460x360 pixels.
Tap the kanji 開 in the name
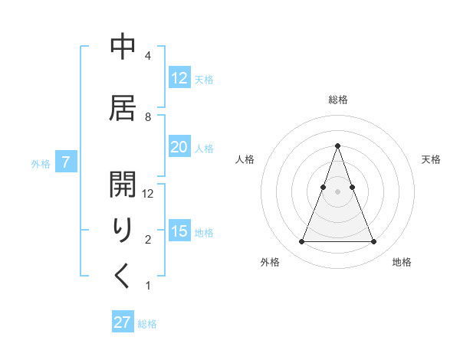point(123,182)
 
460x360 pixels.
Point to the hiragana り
point(123,230)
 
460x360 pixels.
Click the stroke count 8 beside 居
point(148,117)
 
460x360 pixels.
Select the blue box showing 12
point(179,78)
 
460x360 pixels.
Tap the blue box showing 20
point(179,147)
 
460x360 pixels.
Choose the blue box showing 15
point(179,231)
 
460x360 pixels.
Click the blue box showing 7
point(66,162)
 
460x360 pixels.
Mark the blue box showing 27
point(122,322)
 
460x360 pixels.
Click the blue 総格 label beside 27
point(147,324)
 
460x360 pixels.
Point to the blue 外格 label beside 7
point(41,163)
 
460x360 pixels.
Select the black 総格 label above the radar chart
point(337,100)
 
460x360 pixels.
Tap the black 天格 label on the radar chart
point(431,159)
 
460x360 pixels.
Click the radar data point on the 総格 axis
point(337,146)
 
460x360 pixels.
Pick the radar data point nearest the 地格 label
point(373,242)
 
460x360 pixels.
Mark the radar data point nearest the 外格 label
point(301,242)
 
